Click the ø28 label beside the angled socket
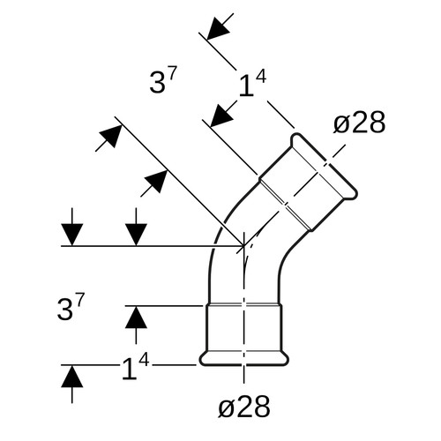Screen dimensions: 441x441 pos(359,123)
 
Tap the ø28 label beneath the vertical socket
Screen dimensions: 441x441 pos(244,407)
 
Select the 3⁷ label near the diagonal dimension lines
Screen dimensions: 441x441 pos(163,79)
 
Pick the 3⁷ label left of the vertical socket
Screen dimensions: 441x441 pos(71,306)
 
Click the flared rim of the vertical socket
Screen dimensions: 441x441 pos(244,358)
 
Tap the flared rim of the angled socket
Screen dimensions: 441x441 pos(324,167)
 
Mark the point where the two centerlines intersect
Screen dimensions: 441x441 pos(243,245)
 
